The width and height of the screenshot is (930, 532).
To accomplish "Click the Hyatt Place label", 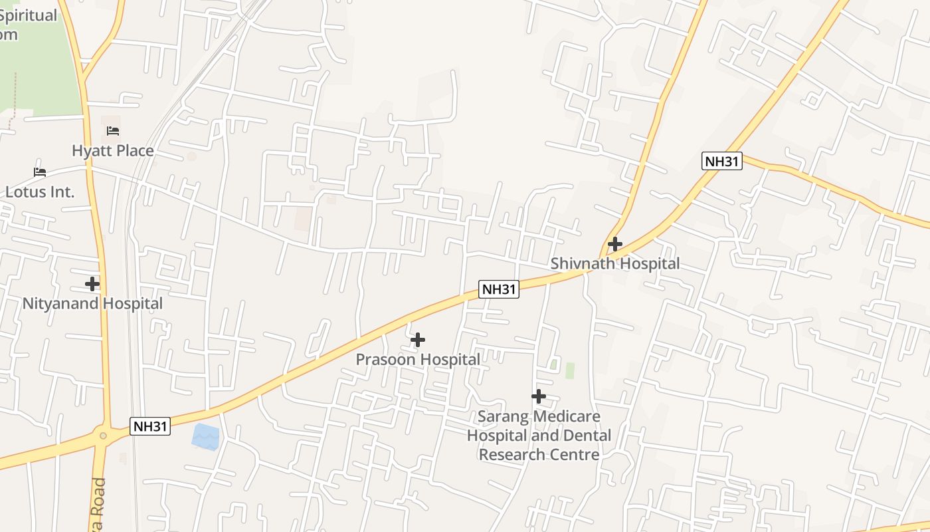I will (113, 151).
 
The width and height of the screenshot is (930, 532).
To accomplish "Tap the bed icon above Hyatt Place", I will (113, 131).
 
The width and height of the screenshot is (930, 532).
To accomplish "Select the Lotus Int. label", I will (40, 192).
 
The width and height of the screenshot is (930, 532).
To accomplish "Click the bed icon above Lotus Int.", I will (40, 172).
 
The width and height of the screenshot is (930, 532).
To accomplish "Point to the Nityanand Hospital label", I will (92, 304).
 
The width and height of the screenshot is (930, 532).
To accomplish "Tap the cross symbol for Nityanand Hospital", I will (92, 284).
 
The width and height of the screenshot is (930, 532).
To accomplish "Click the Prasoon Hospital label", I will (418, 360).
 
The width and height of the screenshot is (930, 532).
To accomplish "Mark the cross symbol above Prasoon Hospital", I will (418, 340).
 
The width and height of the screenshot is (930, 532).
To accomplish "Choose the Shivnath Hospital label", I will (615, 264).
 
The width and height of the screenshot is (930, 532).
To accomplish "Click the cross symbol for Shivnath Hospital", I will (615, 244).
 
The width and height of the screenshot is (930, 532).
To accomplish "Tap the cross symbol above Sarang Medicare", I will (539, 396).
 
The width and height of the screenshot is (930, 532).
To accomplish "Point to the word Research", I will (511, 455).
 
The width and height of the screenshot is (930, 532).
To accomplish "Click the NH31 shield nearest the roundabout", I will (150, 426).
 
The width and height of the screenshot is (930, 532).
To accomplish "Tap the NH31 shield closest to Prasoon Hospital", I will (499, 289).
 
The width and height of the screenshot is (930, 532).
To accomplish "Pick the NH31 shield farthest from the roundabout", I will (722, 161).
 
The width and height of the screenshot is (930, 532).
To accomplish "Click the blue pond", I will (205, 437).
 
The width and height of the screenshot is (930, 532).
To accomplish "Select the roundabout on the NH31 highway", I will (102, 436).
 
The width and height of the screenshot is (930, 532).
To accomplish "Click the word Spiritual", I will (28, 15).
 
